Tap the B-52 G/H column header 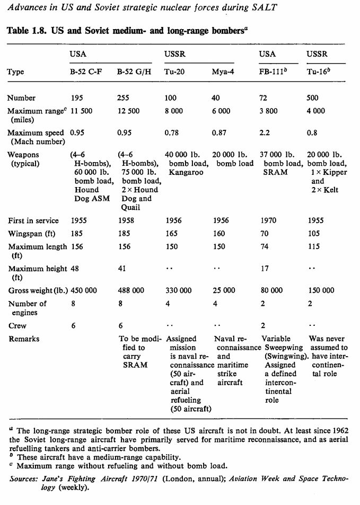(134, 72)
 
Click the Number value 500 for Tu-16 (313, 98)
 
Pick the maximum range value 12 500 (128, 111)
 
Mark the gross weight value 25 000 (224, 290)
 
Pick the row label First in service (33, 220)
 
